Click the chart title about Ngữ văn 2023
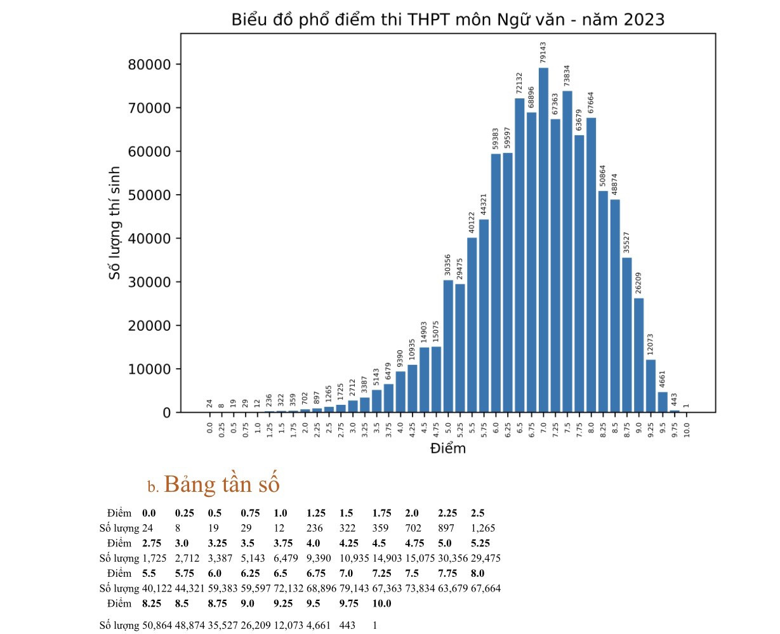(x=447, y=20)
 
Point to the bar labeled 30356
(x=448, y=346)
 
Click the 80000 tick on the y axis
(x=152, y=65)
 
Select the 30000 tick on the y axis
(x=152, y=282)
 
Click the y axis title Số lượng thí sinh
(x=115, y=223)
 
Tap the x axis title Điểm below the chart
(x=447, y=449)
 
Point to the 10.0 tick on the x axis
(x=687, y=425)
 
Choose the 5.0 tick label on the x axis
(x=448, y=425)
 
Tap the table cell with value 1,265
(x=483, y=528)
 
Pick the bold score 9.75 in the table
(x=350, y=604)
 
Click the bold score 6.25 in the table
(x=251, y=573)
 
